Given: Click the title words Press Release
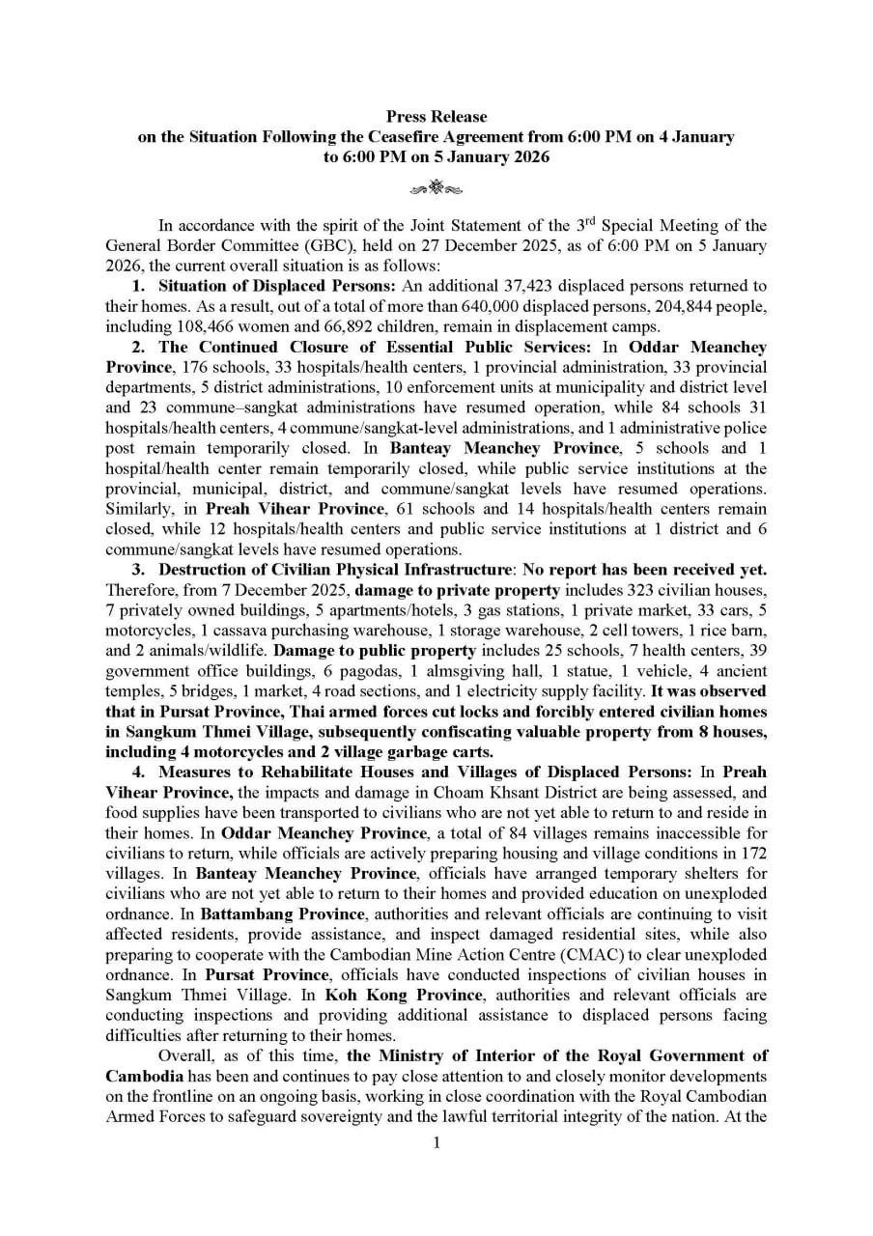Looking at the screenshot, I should pos(436,117).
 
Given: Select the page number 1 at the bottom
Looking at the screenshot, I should pos(436,1143).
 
